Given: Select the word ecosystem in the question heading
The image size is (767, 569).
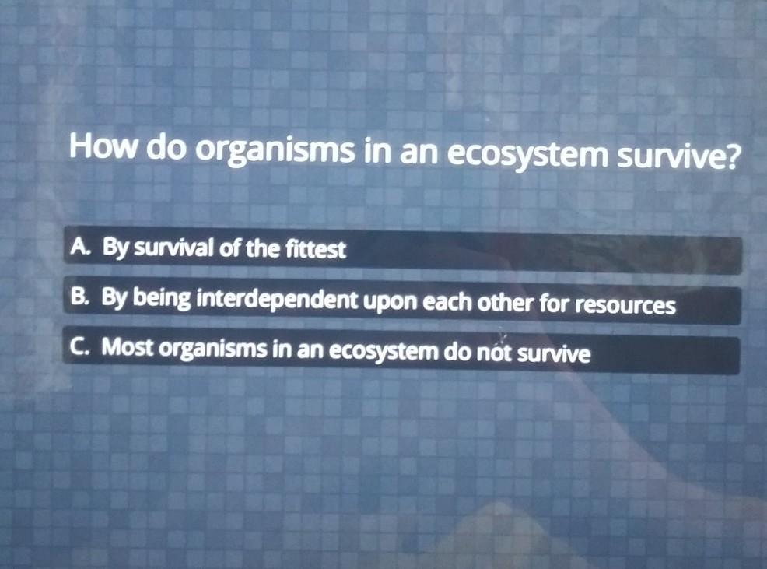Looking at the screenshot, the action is pos(525,155).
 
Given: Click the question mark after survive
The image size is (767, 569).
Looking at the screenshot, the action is pos(730,156).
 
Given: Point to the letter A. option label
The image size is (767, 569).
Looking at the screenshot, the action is pos(80,247).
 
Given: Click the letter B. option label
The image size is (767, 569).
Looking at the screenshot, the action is pos(79,297).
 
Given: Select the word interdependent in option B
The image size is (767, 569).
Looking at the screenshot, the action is pos(277,300).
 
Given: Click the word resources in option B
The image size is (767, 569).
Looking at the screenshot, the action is pos(625,304).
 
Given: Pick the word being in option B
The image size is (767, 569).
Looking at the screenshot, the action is pos(162,299).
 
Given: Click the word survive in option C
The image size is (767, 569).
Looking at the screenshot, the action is pos(553,353).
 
